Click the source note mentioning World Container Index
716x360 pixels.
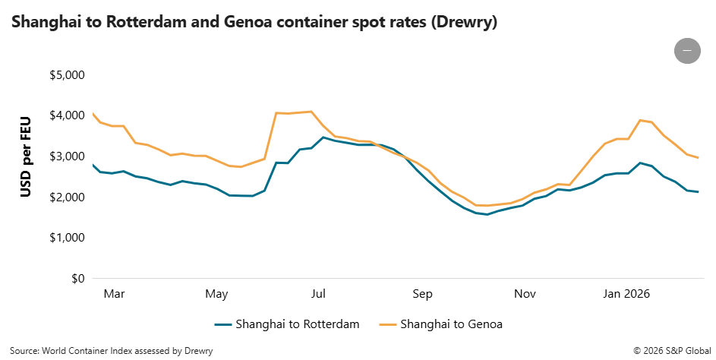(x=112, y=351)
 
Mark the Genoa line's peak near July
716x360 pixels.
(x=311, y=112)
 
